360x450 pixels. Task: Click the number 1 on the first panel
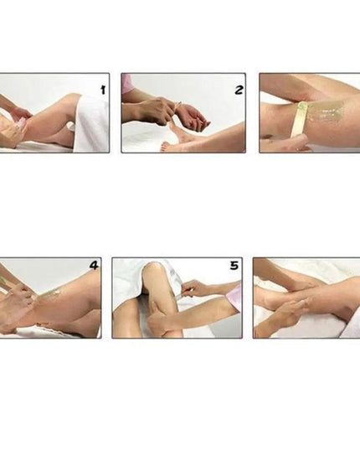[x=103, y=91]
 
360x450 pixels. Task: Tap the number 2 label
[x=239, y=91]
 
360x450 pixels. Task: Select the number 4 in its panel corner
[x=94, y=265]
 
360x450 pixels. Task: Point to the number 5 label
[x=234, y=266]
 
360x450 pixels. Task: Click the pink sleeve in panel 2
[x=126, y=84]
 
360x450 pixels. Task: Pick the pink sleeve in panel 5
[x=234, y=295]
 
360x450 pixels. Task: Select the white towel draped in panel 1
[x=91, y=123]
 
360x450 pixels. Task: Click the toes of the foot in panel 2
[x=166, y=147]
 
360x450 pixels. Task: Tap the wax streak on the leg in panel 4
[x=49, y=292]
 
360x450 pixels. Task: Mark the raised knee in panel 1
[x=72, y=98]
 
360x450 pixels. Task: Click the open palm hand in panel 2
[x=194, y=116]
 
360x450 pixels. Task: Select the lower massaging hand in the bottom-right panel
[x=286, y=313]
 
